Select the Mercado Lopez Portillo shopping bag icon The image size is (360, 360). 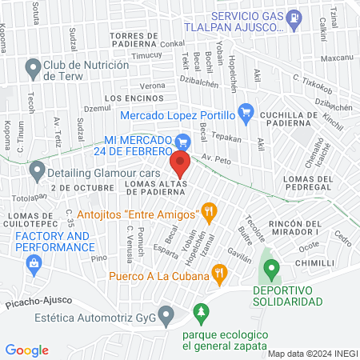[x=246, y=113]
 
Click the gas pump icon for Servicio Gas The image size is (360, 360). [x=295, y=15]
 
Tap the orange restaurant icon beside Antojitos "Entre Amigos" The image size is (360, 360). [x=210, y=213]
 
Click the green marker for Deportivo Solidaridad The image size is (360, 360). [x=270, y=268]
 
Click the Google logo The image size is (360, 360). [x=26, y=350]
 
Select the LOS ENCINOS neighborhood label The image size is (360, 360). [x=129, y=98]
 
